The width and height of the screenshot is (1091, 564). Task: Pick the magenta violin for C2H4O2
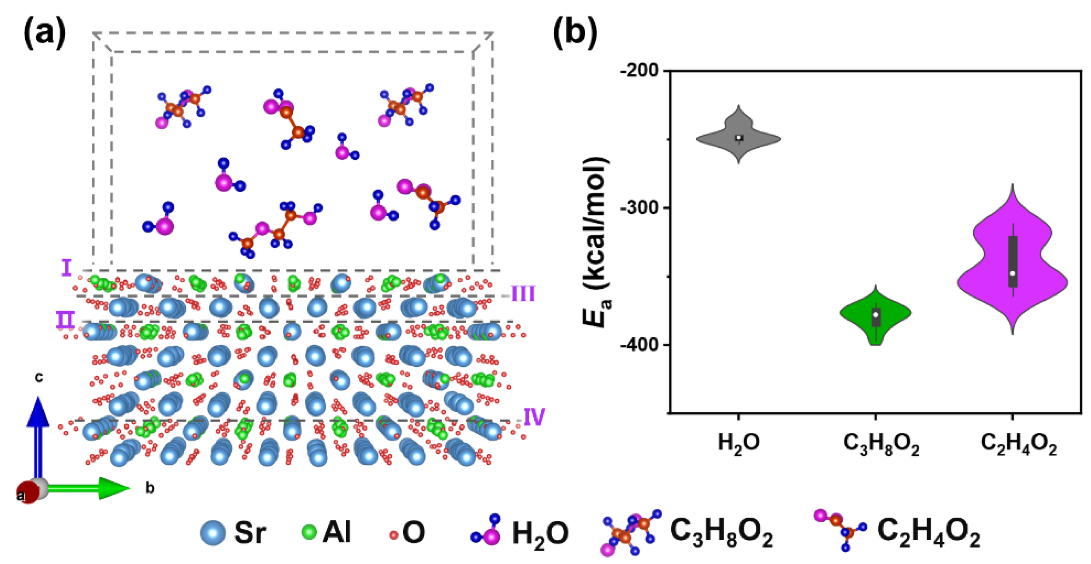click(1012, 263)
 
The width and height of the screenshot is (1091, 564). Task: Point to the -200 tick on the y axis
click(640, 70)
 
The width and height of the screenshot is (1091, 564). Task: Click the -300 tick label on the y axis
click(640, 208)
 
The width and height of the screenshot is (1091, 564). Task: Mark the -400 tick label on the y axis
click(640, 345)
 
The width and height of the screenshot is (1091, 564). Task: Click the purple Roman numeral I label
click(66, 268)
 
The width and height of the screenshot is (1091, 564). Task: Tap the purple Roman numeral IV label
click(534, 417)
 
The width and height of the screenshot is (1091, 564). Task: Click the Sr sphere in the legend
click(213, 533)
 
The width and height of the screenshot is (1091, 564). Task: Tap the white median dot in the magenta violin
click(1012, 273)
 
